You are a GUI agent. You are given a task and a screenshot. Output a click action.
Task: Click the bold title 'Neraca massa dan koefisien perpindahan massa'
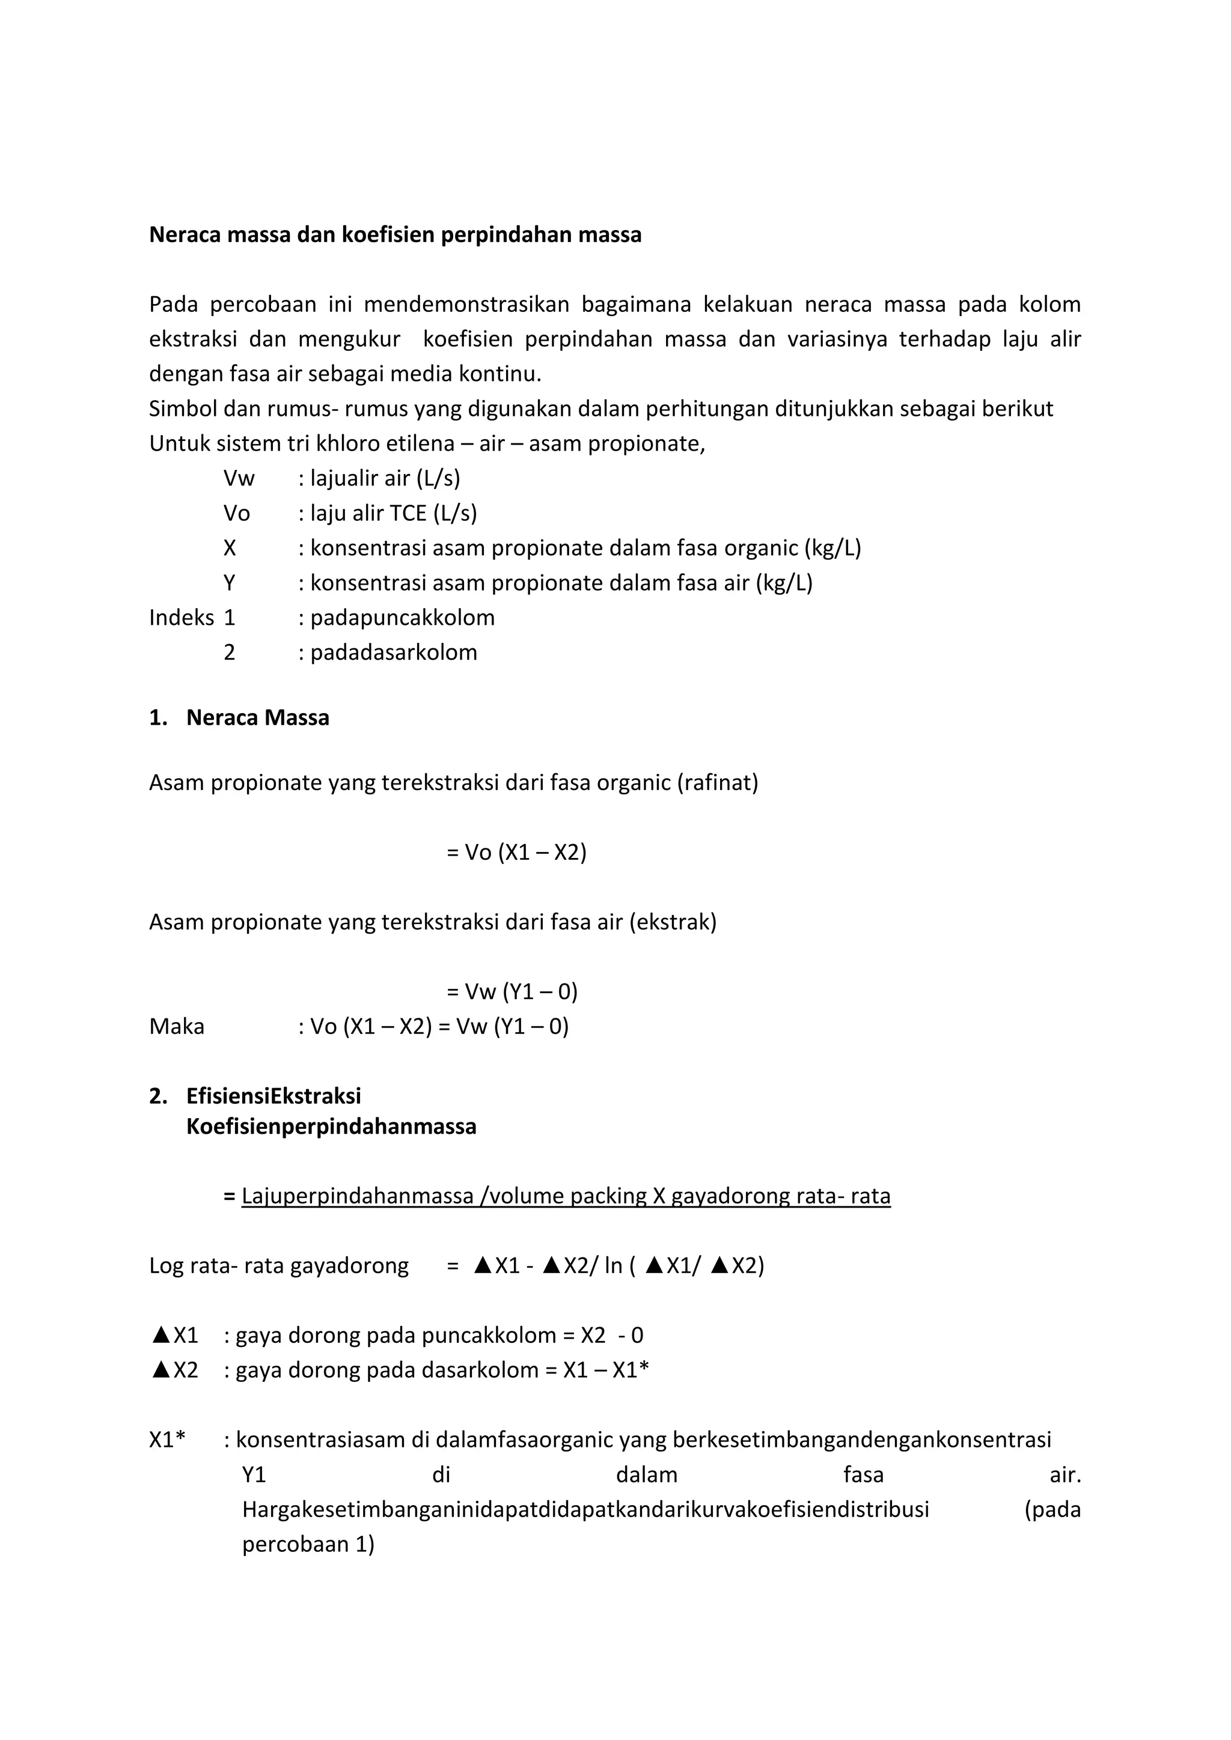point(395,235)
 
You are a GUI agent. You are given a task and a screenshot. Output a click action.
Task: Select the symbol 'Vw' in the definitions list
point(239,478)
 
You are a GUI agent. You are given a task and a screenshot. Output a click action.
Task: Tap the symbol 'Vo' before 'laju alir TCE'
point(236,513)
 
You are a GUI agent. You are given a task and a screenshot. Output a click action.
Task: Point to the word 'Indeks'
point(181,618)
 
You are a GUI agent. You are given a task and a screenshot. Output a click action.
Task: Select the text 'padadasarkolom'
point(394,652)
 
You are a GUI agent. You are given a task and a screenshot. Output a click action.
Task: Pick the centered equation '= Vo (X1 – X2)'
point(516,853)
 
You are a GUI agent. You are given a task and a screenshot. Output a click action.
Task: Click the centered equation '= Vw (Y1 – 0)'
point(512,991)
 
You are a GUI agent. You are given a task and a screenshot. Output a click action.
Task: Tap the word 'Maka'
point(177,1026)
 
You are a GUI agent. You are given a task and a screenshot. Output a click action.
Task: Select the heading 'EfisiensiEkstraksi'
point(273,1096)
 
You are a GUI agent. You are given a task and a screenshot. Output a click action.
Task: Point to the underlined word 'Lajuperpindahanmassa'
point(358,1196)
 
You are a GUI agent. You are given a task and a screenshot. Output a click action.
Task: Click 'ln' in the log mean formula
point(613,1265)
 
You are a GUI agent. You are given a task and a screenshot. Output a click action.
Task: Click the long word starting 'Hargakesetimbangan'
point(585,1510)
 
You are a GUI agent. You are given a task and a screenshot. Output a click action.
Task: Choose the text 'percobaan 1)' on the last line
point(308,1545)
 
